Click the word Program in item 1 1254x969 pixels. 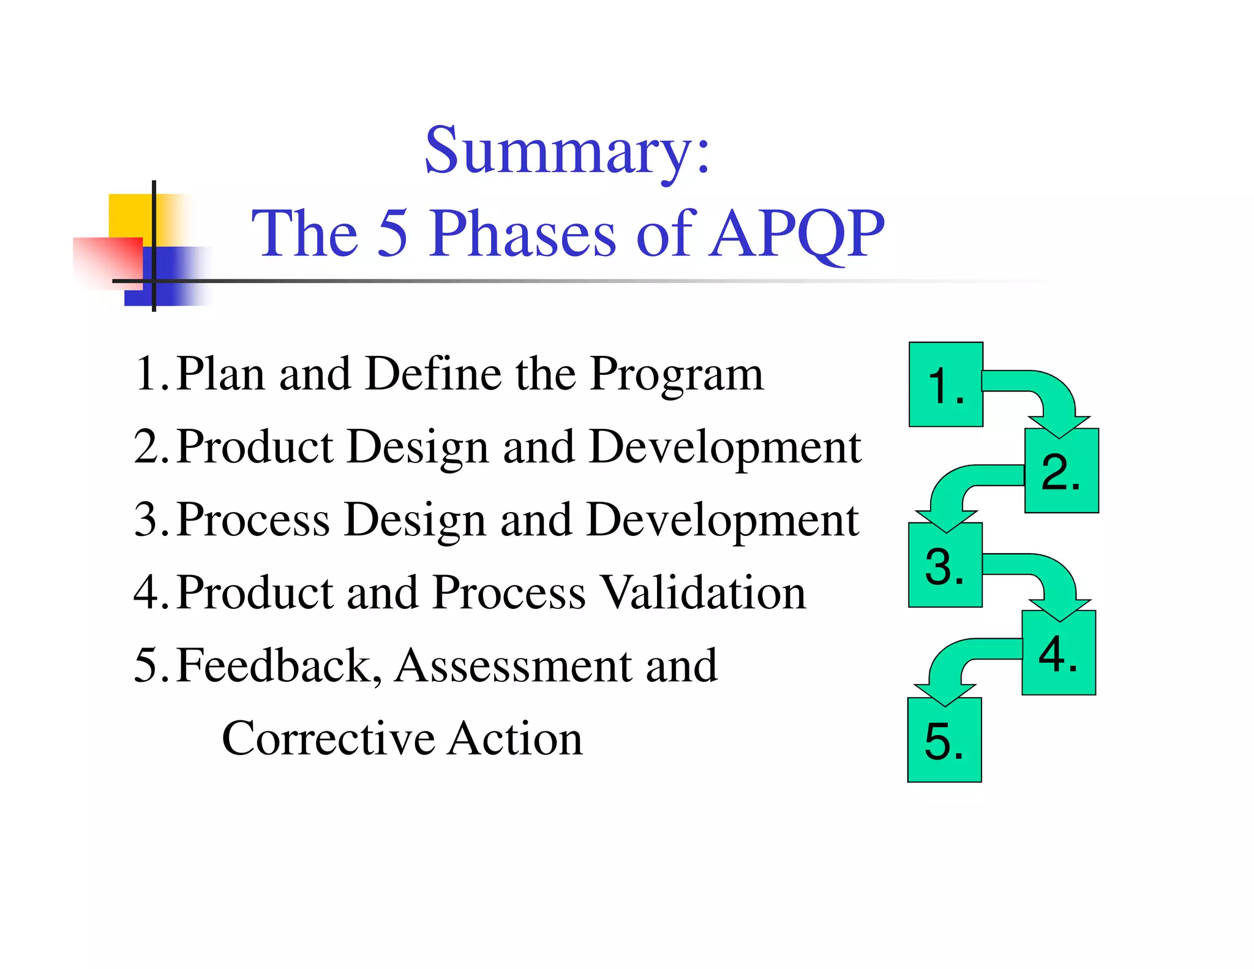676,375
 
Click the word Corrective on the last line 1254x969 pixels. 328,739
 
